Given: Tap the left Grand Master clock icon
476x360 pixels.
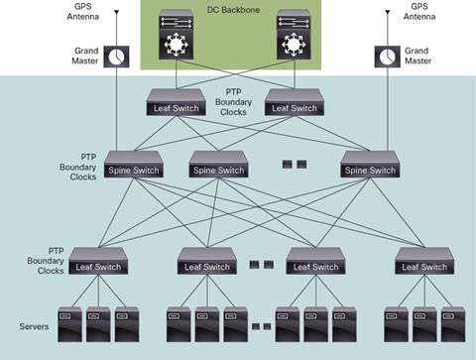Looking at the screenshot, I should click(118, 57).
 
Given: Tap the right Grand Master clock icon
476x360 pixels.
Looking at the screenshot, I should click(386, 57).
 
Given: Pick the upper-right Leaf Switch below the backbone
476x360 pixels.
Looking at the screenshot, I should click(295, 105).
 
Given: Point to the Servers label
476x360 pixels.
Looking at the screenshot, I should click(34, 326).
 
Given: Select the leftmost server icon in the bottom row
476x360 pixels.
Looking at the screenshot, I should click(70, 324).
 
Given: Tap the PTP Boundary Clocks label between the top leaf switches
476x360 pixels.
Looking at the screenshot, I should click(238, 101).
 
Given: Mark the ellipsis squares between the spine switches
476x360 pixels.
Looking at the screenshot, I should click(295, 163).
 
